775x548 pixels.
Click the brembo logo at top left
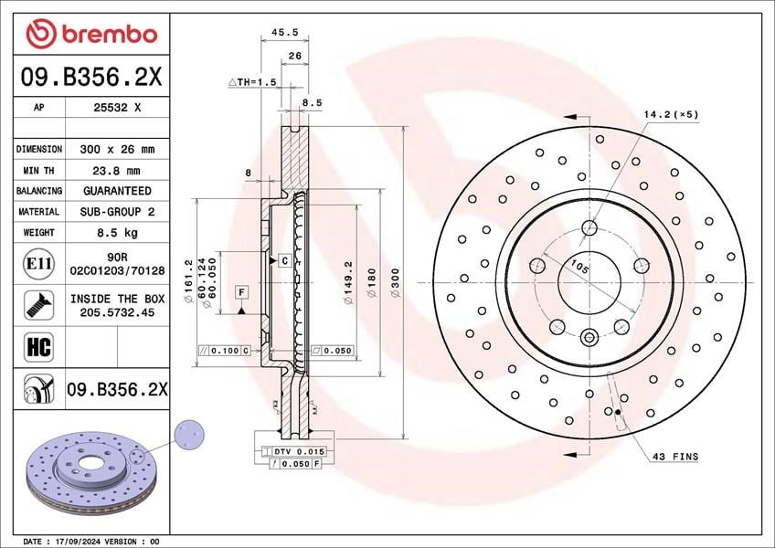pyautogui.click(x=92, y=34)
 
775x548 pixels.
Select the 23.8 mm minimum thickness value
pyautogui.click(x=117, y=171)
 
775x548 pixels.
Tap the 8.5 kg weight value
pyautogui.click(x=117, y=232)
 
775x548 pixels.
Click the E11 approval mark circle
pyautogui.click(x=38, y=263)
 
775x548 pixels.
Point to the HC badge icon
pyautogui.click(x=38, y=347)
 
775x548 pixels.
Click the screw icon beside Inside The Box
pyautogui.click(x=38, y=305)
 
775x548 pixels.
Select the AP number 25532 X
pyautogui.click(x=117, y=107)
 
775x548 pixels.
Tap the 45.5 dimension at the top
pyautogui.click(x=285, y=32)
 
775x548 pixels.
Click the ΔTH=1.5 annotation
pyautogui.click(x=252, y=82)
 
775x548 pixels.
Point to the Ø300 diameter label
pyautogui.click(x=395, y=283)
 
